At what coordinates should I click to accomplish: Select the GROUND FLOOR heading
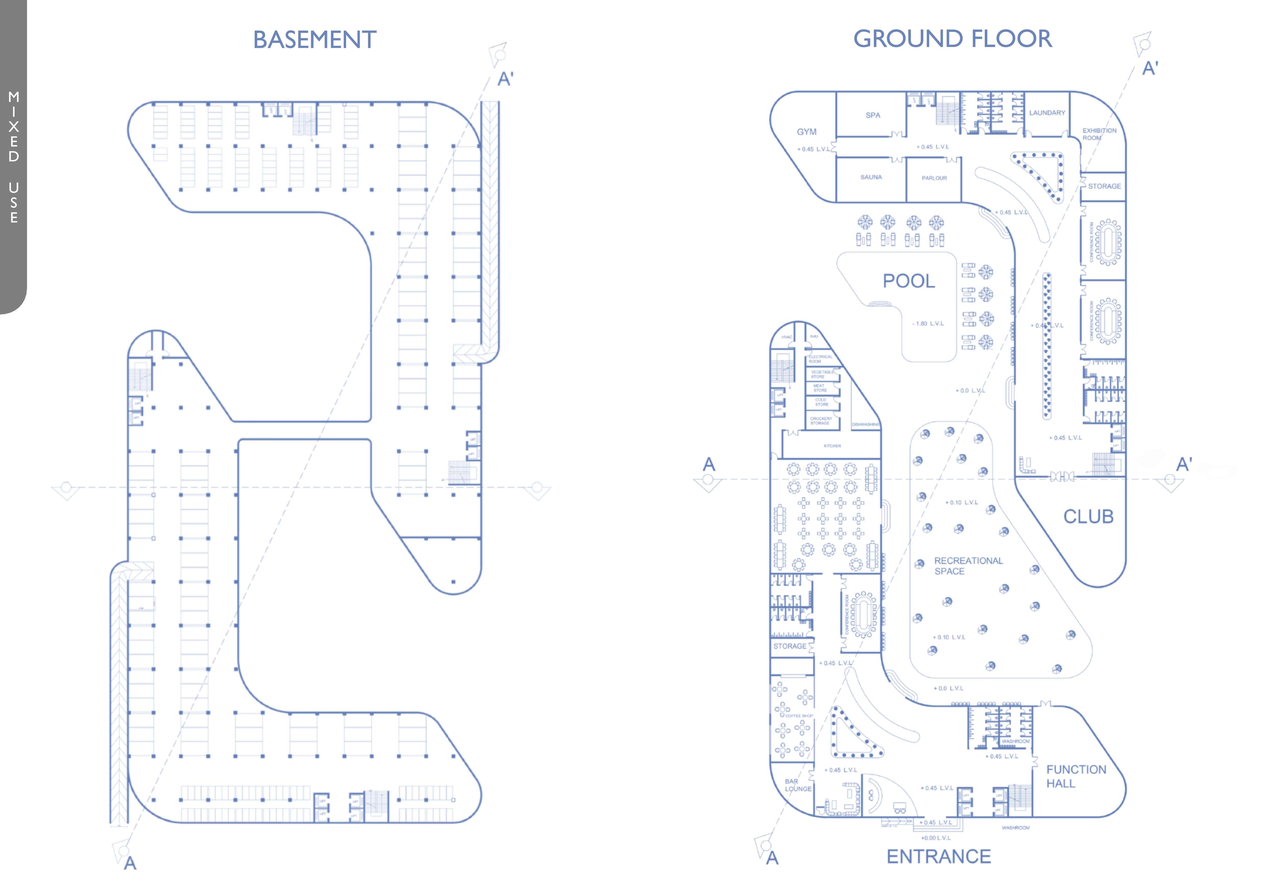pyautogui.click(x=953, y=38)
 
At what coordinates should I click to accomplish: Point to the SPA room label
pyautogui.click(x=873, y=115)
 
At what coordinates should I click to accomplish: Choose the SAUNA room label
pyautogui.click(x=871, y=177)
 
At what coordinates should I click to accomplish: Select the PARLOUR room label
pyautogui.click(x=935, y=178)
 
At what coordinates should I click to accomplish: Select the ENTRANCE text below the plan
pyautogui.click(x=938, y=857)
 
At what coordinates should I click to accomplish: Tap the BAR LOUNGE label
pyautogui.click(x=798, y=785)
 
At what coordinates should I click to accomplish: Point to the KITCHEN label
pyautogui.click(x=832, y=446)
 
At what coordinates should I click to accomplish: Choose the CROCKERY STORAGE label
pyautogui.click(x=821, y=420)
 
